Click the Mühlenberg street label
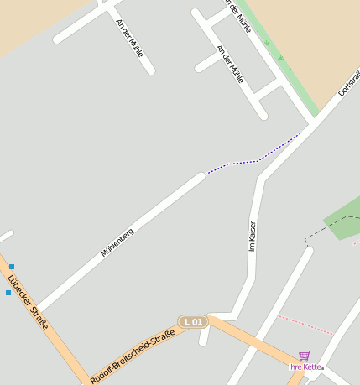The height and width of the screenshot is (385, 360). click(x=117, y=242)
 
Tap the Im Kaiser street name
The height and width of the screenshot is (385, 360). click(x=252, y=236)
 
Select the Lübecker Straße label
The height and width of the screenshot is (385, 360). click(x=28, y=303)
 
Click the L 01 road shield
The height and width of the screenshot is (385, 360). click(x=193, y=321)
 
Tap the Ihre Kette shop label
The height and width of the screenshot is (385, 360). click(x=305, y=367)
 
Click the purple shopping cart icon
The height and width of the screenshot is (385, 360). click(x=304, y=356)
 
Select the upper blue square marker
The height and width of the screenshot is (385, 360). click(x=11, y=267)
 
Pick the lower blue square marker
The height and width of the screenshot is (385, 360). click(x=8, y=293)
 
